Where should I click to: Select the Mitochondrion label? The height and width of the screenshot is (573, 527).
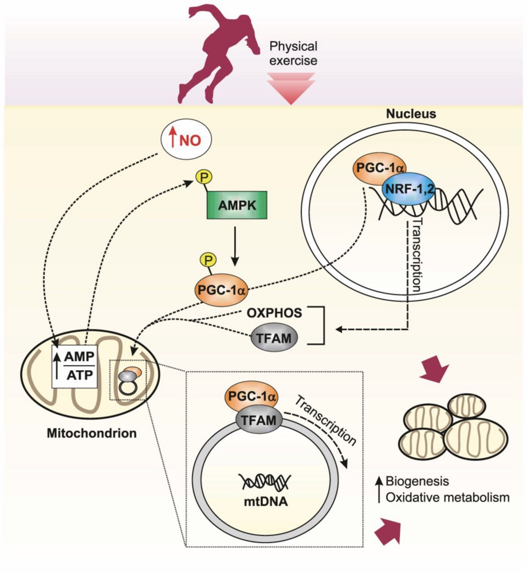[x=93, y=433]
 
